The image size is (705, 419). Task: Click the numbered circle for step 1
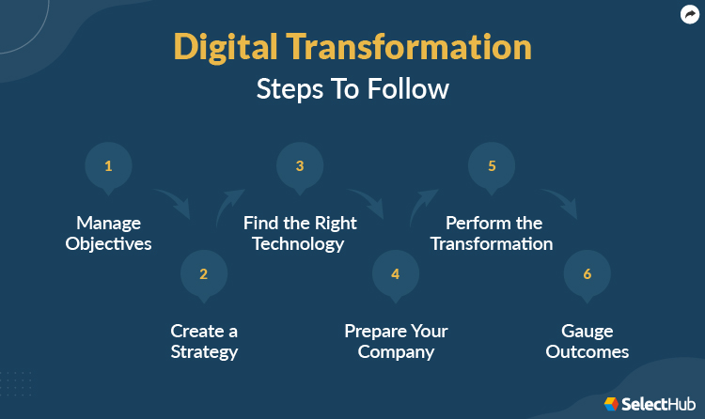[108, 167]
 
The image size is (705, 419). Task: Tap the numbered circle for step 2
[203, 274]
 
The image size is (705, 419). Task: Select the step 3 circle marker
[300, 167]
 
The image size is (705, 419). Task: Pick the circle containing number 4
[396, 274]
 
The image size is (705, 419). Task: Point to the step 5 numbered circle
[492, 167]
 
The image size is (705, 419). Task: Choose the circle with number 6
[587, 274]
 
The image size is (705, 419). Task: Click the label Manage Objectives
[108, 234]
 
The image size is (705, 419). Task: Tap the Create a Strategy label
[204, 342]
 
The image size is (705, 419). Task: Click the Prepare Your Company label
[396, 342]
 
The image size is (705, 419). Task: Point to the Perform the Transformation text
[493, 234]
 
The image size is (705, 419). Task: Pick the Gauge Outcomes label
[587, 342]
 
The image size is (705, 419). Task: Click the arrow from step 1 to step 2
[172, 202]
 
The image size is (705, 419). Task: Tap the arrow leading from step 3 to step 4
[367, 202]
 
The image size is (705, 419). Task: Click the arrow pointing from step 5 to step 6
[558, 202]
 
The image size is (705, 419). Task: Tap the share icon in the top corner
[689, 14]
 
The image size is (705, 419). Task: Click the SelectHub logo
[648, 403]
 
